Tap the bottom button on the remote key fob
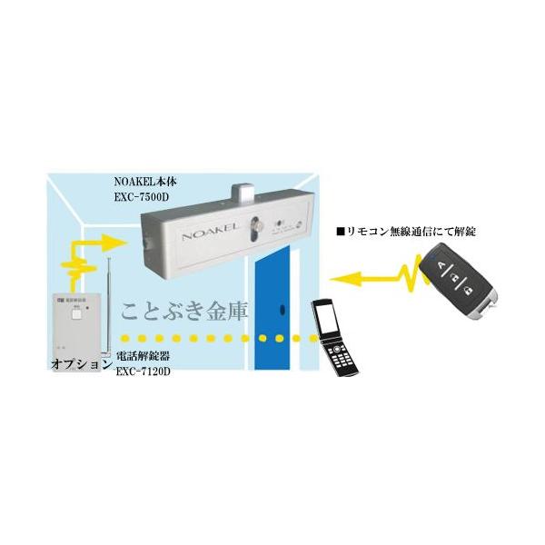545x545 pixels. (465, 291)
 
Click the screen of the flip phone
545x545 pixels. (326, 319)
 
